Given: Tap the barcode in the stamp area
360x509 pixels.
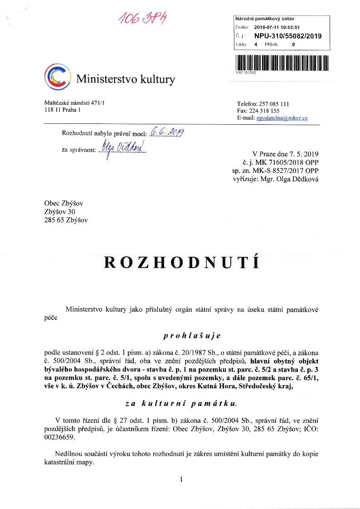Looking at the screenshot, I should (x=282, y=62).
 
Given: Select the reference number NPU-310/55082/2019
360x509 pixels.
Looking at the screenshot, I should (x=287, y=35).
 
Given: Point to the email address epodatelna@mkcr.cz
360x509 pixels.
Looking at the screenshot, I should (x=282, y=118).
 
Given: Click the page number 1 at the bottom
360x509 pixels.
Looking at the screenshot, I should (x=181, y=479).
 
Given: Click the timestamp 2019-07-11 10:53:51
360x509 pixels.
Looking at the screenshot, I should (x=273, y=27).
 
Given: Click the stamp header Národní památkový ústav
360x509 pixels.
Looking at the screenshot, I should (x=265, y=19).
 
